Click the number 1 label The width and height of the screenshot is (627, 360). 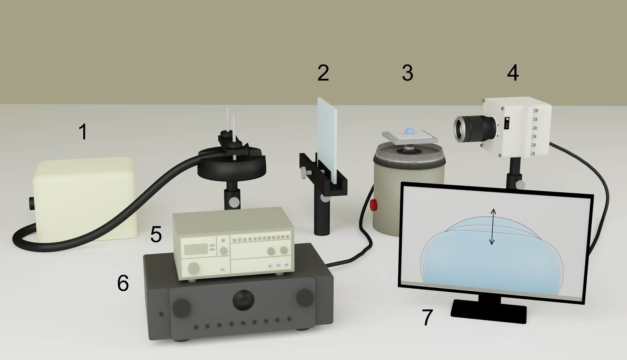click(x=83, y=132)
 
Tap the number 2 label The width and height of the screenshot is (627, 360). click(x=323, y=73)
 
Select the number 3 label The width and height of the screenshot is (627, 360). click(x=407, y=73)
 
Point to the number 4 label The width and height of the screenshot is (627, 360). click(x=513, y=73)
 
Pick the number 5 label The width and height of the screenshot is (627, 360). click(x=156, y=234)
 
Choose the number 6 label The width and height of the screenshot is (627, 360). click(x=123, y=282)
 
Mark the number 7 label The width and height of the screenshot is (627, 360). click(x=428, y=317)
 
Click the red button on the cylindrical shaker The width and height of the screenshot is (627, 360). click(x=374, y=205)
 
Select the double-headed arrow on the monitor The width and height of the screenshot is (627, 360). click(x=492, y=226)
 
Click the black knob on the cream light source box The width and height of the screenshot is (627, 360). click(x=32, y=203)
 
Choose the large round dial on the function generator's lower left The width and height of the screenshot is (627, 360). click(x=193, y=268)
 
